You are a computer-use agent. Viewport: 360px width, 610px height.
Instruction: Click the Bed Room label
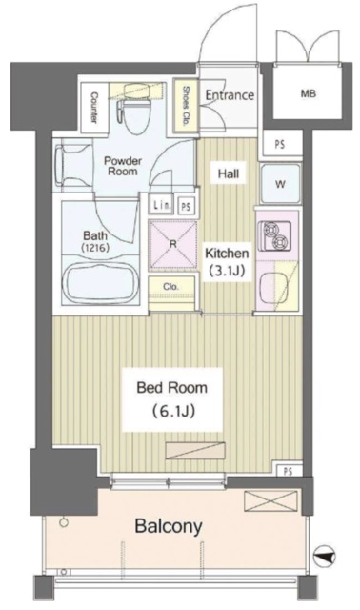coord(171,388)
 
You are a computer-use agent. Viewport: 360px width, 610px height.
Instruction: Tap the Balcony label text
coord(169,526)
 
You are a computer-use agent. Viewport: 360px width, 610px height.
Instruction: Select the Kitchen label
coord(227,254)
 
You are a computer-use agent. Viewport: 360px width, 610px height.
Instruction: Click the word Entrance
coord(230,95)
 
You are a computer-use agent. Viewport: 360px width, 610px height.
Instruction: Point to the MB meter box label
coord(309,93)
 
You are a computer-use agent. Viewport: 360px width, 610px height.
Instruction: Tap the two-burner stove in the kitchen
coord(275,235)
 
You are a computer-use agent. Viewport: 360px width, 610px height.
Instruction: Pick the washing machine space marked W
coord(280,184)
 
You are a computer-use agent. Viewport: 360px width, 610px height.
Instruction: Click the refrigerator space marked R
coord(173,245)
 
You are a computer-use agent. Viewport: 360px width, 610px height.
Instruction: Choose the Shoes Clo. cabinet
coord(186,105)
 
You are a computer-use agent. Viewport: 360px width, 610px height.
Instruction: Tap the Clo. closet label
coord(171,287)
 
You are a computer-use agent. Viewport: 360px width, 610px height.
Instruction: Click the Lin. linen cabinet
coord(161,206)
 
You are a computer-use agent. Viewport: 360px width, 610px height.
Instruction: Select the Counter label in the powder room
coord(93,108)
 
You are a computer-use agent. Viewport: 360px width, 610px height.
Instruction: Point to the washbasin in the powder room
coord(74,165)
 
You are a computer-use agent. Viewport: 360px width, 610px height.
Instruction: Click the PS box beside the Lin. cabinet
coord(187,206)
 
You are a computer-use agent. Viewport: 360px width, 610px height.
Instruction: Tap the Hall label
coord(229,173)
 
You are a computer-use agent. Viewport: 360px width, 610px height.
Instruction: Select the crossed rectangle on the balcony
coord(270,500)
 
